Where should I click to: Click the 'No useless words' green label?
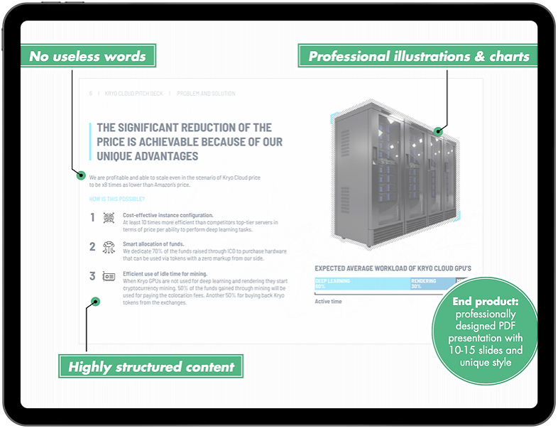coord(88,56)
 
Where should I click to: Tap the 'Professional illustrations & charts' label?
coord(418,56)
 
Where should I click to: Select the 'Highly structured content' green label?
coord(151,367)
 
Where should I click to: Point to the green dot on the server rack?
coord(438,131)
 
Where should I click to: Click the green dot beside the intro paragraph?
coord(81,175)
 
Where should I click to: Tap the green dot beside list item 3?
coord(96,301)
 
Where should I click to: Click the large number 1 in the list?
coord(92,217)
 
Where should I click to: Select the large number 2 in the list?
coord(92,247)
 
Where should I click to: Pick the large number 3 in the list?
coord(92,276)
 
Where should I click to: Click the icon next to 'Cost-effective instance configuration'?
coord(109,217)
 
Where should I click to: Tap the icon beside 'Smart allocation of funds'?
coord(109,247)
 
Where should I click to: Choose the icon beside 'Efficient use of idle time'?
coord(109,276)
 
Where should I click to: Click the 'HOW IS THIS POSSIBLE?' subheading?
coord(117,199)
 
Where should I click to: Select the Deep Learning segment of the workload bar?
coord(361,284)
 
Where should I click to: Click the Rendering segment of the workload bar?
coord(432,284)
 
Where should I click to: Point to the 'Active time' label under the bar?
coord(329,301)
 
